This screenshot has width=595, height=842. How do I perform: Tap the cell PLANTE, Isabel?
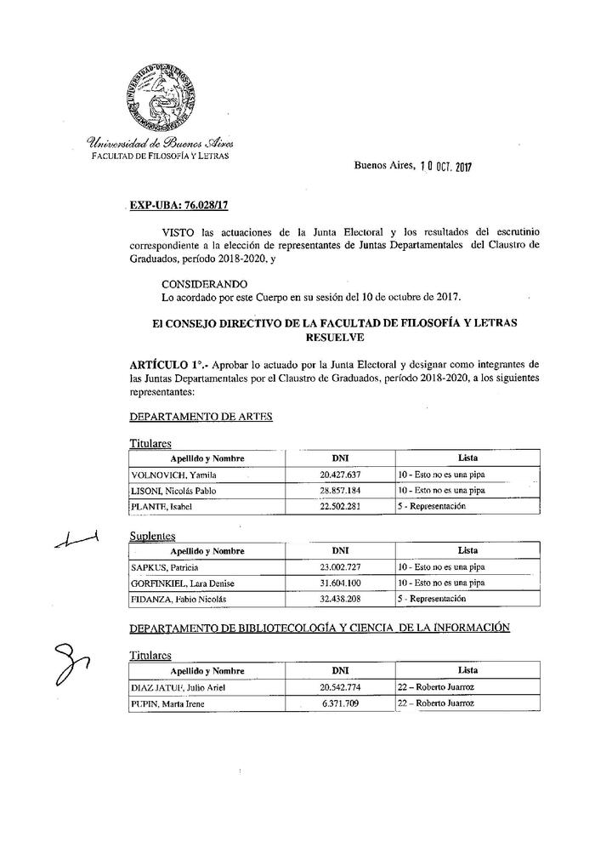(157, 507)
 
